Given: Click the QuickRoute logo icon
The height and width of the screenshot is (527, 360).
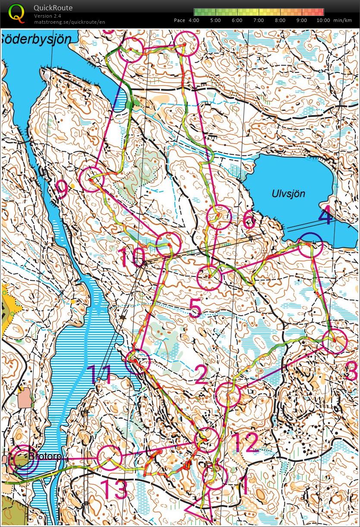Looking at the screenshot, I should pyautogui.click(x=16, y=13).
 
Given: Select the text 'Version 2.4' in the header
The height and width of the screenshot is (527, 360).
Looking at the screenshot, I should pyautogui.click(x=49, y=16).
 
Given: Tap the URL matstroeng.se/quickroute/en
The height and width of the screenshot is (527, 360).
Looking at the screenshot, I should pyautogui.click(x=69, y=22).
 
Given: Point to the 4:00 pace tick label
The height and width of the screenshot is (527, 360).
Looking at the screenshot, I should pyautogui.click(x=194, y=20).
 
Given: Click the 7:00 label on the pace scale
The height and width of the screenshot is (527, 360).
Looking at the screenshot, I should pyautogui.click(x=258, y=20).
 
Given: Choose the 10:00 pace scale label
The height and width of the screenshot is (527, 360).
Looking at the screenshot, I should pyautogui.click(x=323, y=20).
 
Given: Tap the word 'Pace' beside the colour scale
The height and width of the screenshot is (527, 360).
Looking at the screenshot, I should pyautogui.click(x=179, y=20).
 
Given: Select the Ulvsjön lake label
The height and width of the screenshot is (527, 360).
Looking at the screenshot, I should pyautogui.click(x=288, y=194).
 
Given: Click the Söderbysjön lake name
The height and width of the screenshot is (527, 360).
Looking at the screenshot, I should pyautogui.click(x=35, y=39).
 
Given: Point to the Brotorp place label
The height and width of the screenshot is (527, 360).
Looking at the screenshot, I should pyautogui.click(x=45, y=456).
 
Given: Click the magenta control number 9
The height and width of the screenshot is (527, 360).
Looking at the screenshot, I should pyautogui.click(x=63, y=189).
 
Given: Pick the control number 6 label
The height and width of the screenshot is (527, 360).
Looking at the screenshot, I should pyautogui.click(x=249, y=220).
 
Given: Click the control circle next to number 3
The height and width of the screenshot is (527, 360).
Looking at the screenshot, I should pyautogui.click(x=335, y=341).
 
